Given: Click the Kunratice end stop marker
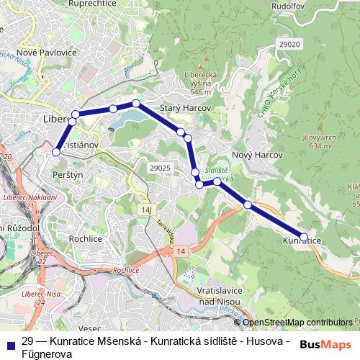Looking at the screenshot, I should point(304,237).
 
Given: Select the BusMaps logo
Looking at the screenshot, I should point(325,343).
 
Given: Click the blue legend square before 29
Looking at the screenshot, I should point(11,342).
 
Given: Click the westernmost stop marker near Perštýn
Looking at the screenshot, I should point(57,152).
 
